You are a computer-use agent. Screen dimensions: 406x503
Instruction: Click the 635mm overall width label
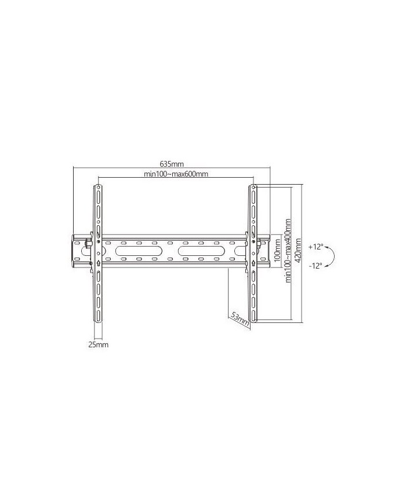pos(172,164)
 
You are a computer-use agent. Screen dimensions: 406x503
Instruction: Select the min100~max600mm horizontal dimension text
pos(176,174)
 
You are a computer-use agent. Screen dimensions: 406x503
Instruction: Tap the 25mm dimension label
pos(99,345)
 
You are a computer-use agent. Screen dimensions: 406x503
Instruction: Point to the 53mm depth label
pos(240,318)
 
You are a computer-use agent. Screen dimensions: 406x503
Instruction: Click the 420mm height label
pos(298,251)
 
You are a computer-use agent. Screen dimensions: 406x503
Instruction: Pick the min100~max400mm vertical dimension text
pos(288,251)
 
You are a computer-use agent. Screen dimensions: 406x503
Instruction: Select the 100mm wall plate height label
pos(277,250)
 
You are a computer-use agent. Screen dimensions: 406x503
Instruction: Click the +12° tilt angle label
pos(316,247)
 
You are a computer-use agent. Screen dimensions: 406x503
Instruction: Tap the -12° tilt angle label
pos(316,266)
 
